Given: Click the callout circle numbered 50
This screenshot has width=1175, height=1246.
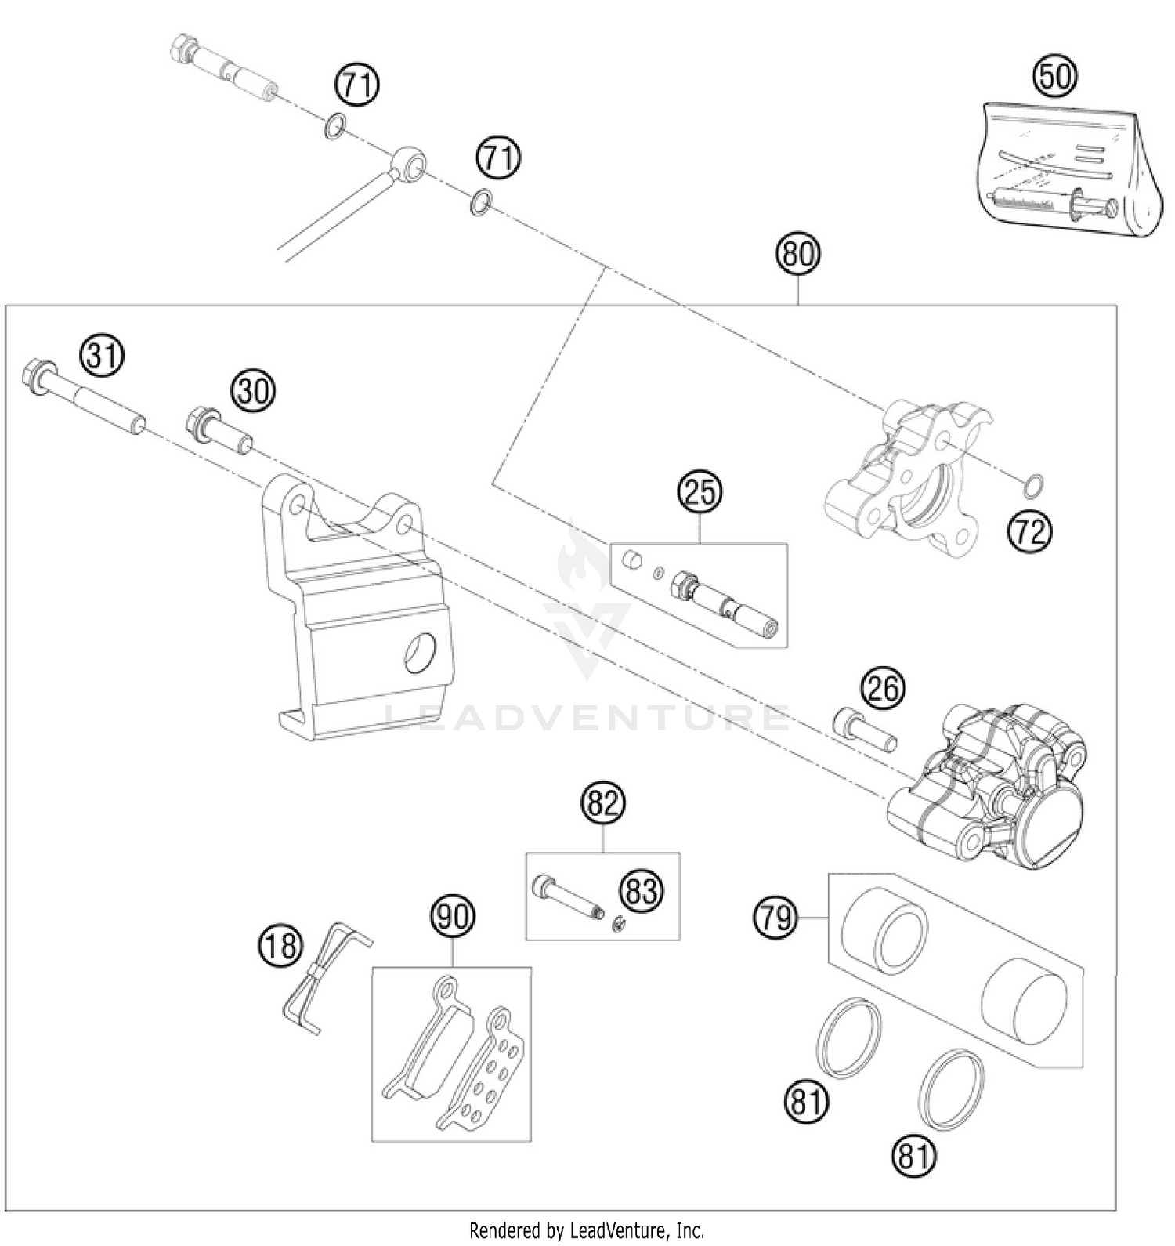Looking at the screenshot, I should (1054, 76).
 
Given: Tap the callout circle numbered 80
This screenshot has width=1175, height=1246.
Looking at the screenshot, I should (797, 254).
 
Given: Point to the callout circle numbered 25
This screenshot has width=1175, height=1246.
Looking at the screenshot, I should (700, 491).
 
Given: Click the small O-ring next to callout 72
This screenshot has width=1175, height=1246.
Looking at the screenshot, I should (1033, 487).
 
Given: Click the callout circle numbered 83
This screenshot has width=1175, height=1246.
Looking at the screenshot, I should (641, 890).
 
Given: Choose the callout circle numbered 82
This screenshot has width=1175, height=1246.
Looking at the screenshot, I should (603, 802).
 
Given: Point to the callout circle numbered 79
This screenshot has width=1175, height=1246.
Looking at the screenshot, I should (775, 916).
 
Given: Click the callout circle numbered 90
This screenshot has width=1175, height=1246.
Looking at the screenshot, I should (453, 915).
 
